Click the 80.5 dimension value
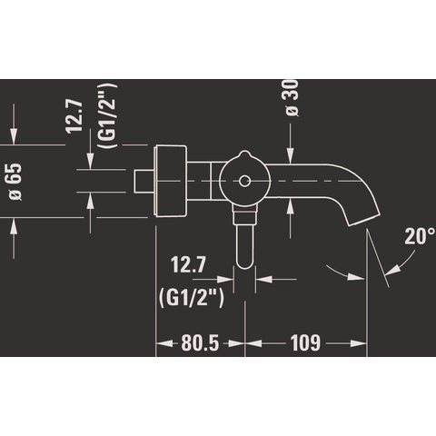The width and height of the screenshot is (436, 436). point(200,343)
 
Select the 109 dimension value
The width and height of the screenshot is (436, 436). point(305,343)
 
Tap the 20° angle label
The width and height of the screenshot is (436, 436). point(420,236)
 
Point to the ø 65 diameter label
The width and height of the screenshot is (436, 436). point(15,182)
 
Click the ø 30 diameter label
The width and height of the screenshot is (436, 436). point(292,97)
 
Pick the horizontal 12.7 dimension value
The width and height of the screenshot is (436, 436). point(188,264)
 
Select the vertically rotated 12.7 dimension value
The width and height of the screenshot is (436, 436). point(74,116)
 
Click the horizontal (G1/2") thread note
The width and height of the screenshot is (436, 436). point(191,298)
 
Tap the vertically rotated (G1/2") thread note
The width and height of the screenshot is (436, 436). point(107,116)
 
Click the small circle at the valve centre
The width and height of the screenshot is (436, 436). point(244,181)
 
